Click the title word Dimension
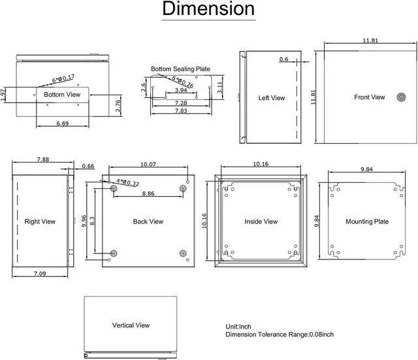tap(208, 9)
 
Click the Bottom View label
tap(62, 95)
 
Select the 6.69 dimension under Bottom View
tap(63, 123)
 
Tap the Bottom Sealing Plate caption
tap(180, 69)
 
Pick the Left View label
tap(272, 98)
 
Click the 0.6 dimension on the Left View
tap(283, 59)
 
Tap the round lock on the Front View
tap(400, 97)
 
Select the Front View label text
tap(370, 97)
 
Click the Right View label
tap(40, 221)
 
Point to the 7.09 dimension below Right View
tap(40, 274)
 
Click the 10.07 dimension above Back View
tap(148, 164)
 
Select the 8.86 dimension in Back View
tap(148, 193)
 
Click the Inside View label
tap(261, 221)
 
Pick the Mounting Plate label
tap(367, 221)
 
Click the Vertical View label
tap(131, 325)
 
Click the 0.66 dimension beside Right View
tap(88, 166)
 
